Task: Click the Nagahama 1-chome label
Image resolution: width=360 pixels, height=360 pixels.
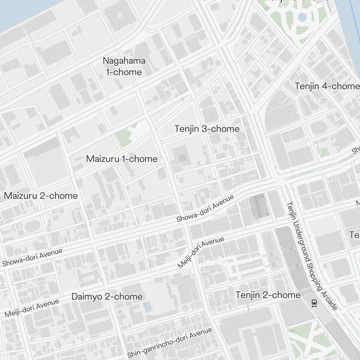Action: pyautogui.click(x=124, y=66)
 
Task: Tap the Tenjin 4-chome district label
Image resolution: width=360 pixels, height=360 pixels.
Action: pyautogui.click(x=327, y=86)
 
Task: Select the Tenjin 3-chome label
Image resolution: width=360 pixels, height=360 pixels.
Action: pyautogui.click(x=207, y=129)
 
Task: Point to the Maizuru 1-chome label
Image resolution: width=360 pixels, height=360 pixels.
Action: pyautogui.click(x=122, y=159)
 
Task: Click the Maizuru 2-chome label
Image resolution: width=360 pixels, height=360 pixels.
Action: pyautogui.click(x=41, y=196)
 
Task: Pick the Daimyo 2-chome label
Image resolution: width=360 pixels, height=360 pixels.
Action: pyautogui.click(x=107, y=297)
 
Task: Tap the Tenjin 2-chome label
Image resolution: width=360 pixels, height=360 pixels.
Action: pyautogui.click(x=268, y=295)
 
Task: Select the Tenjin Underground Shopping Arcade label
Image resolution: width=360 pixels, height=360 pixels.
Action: pyautogui.click(x=312, y=256)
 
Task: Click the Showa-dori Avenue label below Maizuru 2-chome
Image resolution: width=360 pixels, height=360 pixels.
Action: pyautogui.click(x=32, y=257)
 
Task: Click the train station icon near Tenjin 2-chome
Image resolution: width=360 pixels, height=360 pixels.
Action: pyautogui.click(x=314, y=303)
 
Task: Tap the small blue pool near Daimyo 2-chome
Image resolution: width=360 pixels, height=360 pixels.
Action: pyautogui.click(x=147, y=307)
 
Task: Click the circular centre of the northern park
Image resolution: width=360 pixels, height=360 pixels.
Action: pyautogui.click(x=302, y=17)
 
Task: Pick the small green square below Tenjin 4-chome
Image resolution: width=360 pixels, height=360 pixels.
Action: pyautogui.click(x=325, y=152)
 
